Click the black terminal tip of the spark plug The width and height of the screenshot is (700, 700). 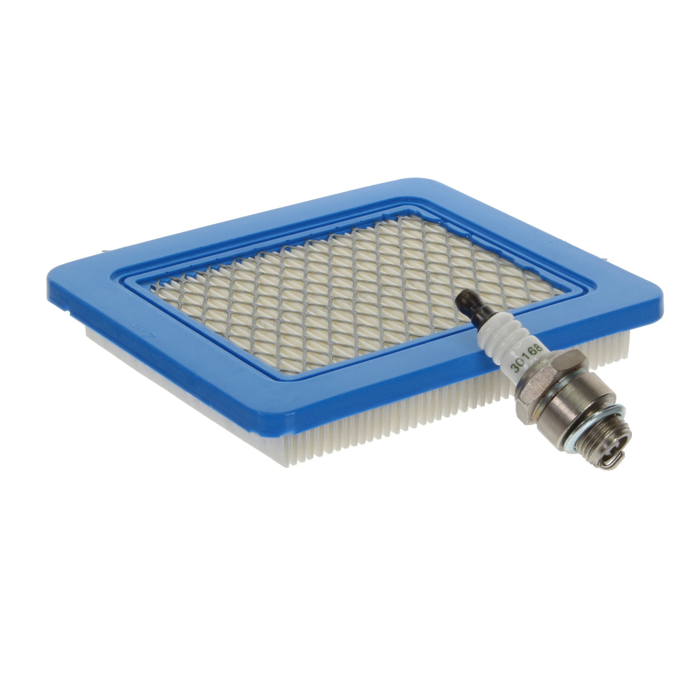(x=467, y=301)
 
